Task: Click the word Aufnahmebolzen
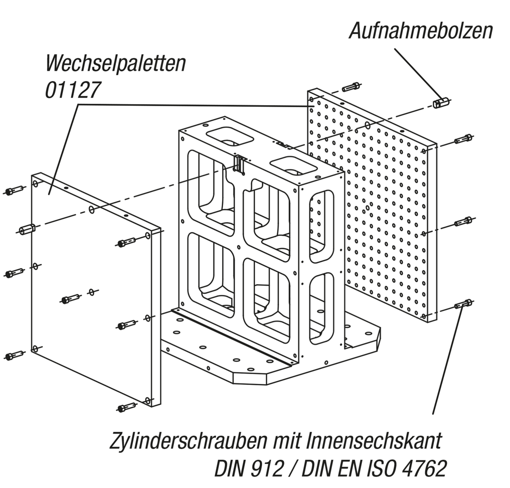point(421,31)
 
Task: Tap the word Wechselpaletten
point(116,63)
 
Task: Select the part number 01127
point(73,90)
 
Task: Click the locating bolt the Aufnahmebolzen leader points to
point(441,103)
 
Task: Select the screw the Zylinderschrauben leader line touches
point(463,304)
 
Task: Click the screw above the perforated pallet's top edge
point(351,87)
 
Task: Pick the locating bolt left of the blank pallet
point(27,230)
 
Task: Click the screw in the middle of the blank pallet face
point(71,299)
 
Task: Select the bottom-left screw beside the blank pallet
point(14,356)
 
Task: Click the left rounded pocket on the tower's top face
point(229,137)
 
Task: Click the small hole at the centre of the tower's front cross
point(238,247)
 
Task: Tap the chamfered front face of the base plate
point(249,379)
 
